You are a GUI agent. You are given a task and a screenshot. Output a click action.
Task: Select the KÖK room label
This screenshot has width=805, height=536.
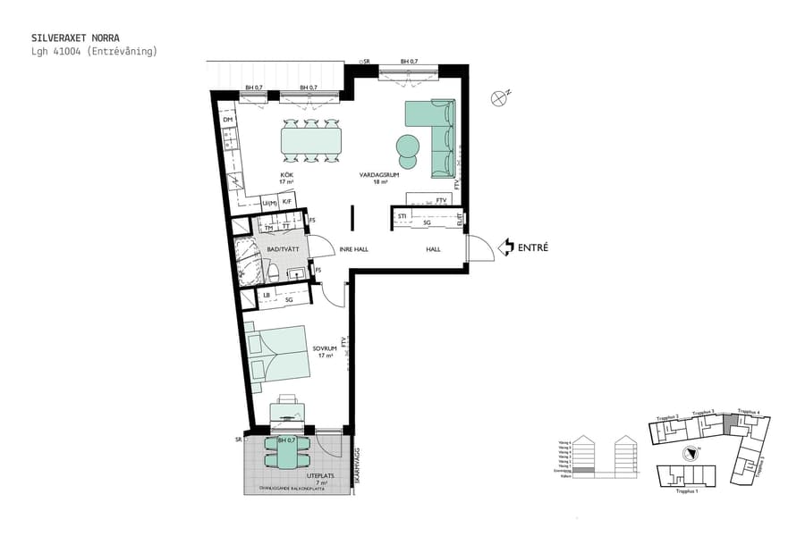tap(286, 174)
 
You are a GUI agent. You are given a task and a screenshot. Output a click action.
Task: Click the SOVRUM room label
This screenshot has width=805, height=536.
tap(323, 348)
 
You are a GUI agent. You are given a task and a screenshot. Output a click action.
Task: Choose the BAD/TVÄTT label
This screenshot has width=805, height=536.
tap(283, 249)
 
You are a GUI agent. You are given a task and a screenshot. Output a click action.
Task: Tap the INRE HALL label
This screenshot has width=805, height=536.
tap(353, 249)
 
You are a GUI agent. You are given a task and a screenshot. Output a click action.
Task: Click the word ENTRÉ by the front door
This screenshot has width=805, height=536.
tap(533, 247)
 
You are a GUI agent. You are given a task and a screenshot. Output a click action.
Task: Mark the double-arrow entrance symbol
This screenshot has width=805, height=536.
tap(505, 247)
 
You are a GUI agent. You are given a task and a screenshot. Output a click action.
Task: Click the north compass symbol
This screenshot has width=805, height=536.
tap(499, 98)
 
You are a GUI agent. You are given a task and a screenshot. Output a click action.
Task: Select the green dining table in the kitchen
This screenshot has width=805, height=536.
tap(310, 140)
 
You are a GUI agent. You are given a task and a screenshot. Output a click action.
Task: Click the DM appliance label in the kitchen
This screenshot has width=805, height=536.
tap(228, 120)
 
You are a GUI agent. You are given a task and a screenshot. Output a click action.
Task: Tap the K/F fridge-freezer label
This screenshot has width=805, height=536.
tap(287, 202)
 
